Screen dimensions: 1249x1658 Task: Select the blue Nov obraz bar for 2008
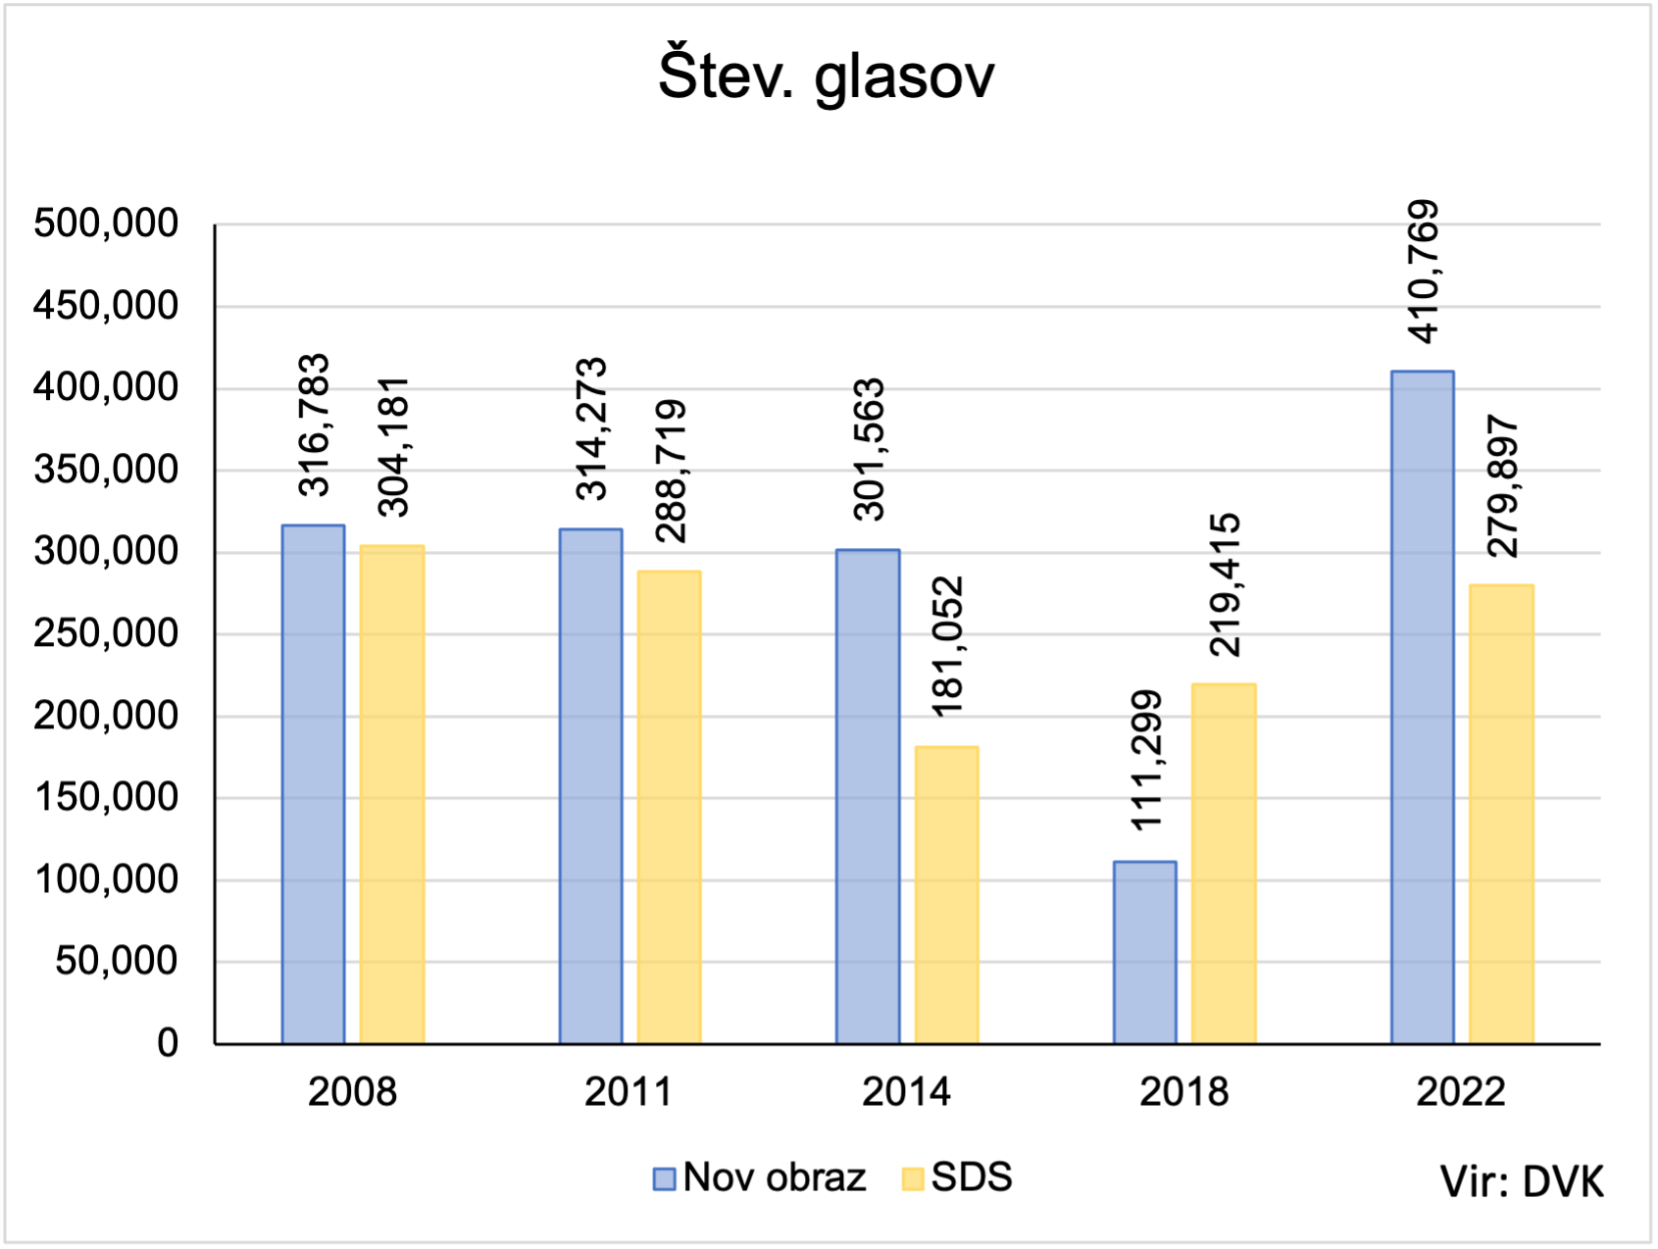(x=313, y=784)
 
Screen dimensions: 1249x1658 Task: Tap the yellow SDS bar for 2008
(x=392, y=794)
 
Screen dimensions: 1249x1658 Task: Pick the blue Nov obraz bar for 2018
(x=1144, y=952)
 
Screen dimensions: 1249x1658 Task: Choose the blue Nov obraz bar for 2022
(x=1422, y=707)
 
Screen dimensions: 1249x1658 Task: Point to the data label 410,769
(x=1422, y=272)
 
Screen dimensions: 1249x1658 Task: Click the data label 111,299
(x=1144, y=761)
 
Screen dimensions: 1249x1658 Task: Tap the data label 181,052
(x=947, y=647)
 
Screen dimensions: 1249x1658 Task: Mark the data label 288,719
(x=671, y=472)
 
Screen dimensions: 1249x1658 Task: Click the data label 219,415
(x=1225, y=584)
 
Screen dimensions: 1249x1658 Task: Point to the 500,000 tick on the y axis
(x=106, y=225)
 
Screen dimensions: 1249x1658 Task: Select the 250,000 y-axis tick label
(x=106, y=634)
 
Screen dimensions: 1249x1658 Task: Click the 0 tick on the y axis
(x=168, y=1043)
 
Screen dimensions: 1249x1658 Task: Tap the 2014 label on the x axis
(x=906, y=1092)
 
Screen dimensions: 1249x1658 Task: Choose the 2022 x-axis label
(x=1460, y=1092)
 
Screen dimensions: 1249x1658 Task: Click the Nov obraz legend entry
(x=761, y=1177)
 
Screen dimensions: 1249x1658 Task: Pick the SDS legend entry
(x=957, y=1177)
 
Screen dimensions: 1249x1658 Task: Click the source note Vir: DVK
(x=1522, y=1182)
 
